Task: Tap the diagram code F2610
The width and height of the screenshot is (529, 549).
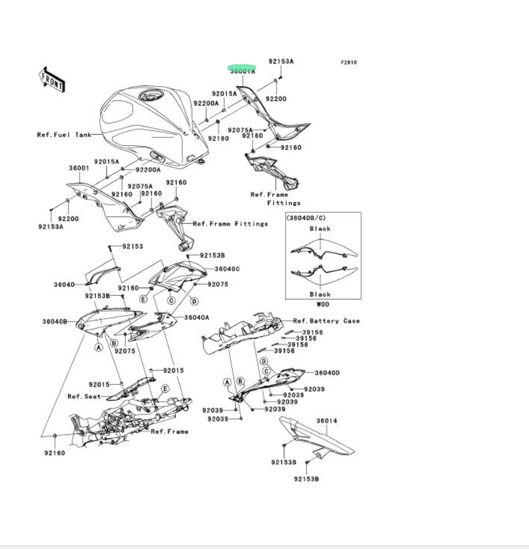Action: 349,62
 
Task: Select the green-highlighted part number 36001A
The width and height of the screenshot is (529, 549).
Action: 242,70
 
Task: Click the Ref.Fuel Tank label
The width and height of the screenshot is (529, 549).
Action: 65,135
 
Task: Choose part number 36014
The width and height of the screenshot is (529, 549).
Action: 326,421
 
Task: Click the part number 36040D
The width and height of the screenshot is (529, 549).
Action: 328,372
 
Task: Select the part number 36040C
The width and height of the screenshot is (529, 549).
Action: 227,269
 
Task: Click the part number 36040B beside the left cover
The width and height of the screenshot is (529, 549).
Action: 55,321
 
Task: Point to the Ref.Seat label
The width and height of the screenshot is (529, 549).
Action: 84,396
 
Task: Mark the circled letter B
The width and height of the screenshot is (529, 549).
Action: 114,343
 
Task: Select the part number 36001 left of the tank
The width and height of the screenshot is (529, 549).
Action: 79,168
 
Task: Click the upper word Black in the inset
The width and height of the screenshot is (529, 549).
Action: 320,229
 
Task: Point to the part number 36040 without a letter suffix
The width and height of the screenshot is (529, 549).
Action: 64,284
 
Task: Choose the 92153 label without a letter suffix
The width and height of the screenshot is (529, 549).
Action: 132,246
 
